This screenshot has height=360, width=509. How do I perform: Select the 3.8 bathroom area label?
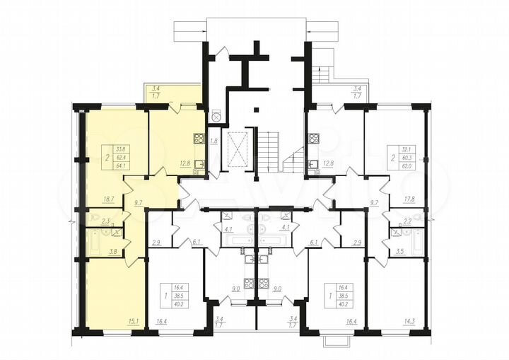[112, 250]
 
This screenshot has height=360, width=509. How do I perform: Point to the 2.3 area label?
[105, 221]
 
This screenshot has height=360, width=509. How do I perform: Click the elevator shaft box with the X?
[234, 150]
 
